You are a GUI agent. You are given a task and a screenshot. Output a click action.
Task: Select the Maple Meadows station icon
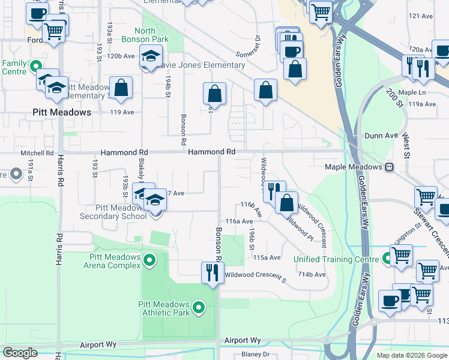(x=390, y=167)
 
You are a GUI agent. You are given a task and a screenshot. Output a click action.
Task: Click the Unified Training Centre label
(x=336, y=259)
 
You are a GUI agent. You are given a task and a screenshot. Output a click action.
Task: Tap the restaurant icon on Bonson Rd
(x=211, y=273)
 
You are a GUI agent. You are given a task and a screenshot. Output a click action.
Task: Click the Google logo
(x=20, y=353)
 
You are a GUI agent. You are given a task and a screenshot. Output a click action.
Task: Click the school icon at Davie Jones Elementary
(x=149, y=58)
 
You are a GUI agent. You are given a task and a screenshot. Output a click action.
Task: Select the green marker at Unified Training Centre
(x=387, y=259)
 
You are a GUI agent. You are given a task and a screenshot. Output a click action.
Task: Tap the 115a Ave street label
(x=267, y=257)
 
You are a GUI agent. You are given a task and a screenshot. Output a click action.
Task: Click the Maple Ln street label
(x=412, y=92)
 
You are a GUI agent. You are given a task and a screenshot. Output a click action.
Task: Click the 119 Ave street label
(x=122, y=112)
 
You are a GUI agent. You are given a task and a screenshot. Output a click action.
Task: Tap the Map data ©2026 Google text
(x=411, y=355)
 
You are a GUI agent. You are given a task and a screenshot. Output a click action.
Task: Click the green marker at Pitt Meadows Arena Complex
(x=149, y=260)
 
